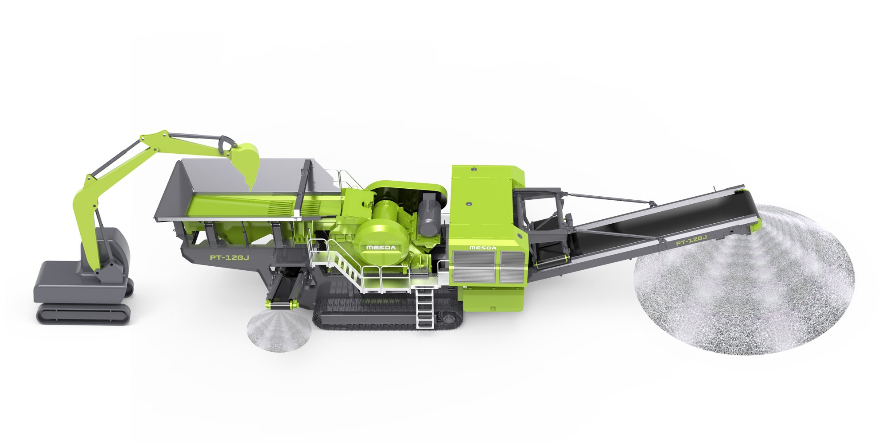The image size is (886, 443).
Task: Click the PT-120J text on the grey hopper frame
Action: pyautogui.click(x=229, y=257)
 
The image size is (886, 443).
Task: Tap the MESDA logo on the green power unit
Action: pyautogui.click(x=483, y=248)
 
